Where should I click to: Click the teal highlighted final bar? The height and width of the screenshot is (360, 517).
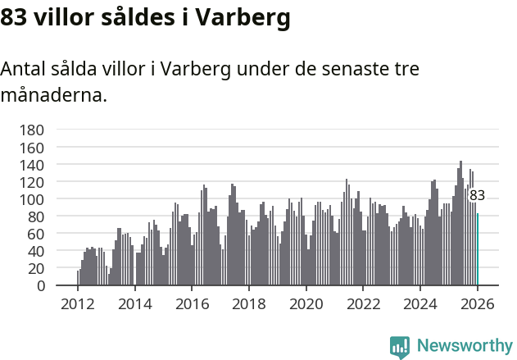click(478, 249)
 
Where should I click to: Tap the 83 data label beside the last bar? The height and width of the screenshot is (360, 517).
click(477, 195)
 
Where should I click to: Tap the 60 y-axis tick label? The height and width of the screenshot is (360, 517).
click(35, 234)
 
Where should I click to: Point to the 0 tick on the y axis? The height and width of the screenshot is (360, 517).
click(40, 285)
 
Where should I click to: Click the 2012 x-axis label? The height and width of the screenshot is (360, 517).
click(78, 303)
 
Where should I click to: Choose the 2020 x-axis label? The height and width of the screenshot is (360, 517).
click(306, 303)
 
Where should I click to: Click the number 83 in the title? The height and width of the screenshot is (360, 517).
click(15, 17)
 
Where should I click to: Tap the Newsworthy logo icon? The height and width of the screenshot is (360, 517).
click(400, 346)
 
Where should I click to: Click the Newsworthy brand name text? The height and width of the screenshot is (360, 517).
click(465, 346)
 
